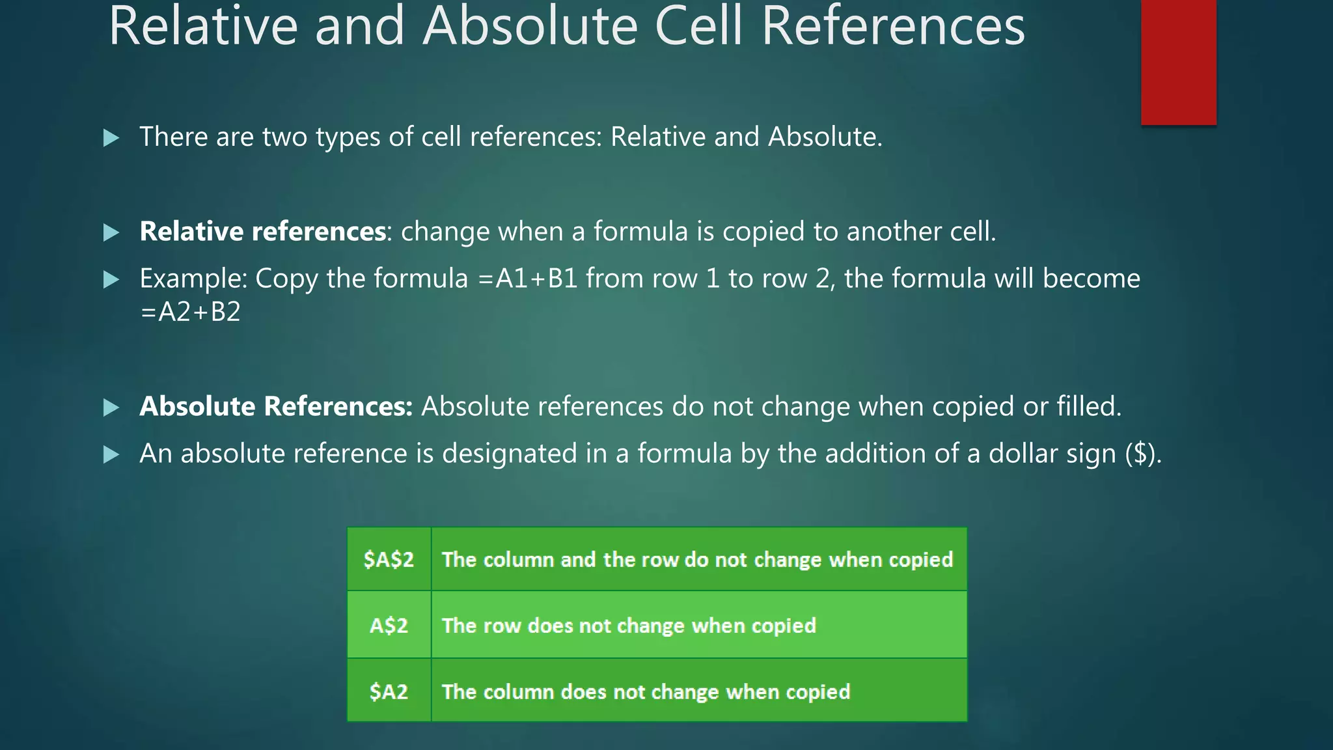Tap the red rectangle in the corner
[1178, 62]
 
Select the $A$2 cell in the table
[389, 559]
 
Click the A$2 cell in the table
[389, 626]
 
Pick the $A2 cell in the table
[389, 691]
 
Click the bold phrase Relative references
[263, 232]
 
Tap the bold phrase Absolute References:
[276, 406]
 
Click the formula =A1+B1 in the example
[528, 279]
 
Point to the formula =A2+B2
[190, 312]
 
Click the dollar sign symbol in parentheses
[1140, 453]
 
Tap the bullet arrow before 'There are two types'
[111, 138]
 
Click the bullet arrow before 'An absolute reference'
[111, 454]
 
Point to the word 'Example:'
[193, 279]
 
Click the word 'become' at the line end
[1092, 279]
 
